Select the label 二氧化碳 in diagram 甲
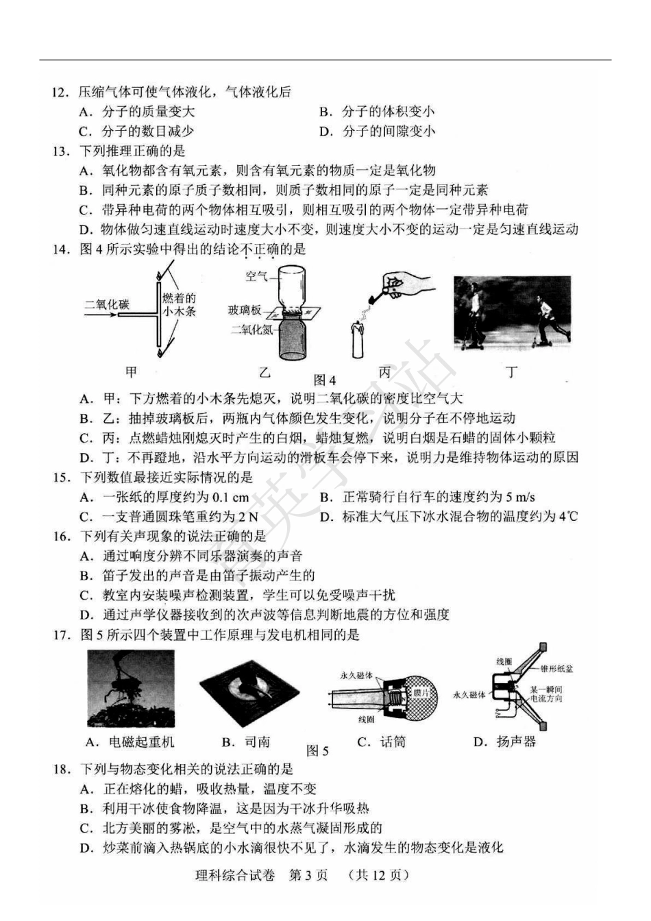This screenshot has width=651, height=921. tap(106, 304)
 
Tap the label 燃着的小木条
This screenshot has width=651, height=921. tap(179, 304)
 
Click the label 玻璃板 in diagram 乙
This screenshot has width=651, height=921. tap(245, 310)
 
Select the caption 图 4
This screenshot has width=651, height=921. tap(325, 380)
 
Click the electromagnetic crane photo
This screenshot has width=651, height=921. tap(131, 688)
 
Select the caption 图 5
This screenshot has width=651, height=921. tap(317, 750)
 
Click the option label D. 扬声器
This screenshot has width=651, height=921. tap(505, 741)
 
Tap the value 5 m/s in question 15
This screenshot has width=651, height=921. tap(519, 498)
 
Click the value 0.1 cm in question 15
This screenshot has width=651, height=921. tap(231, 498)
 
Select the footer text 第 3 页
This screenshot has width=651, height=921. tap(308, 875)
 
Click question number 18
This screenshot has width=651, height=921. tap(61, 770)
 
